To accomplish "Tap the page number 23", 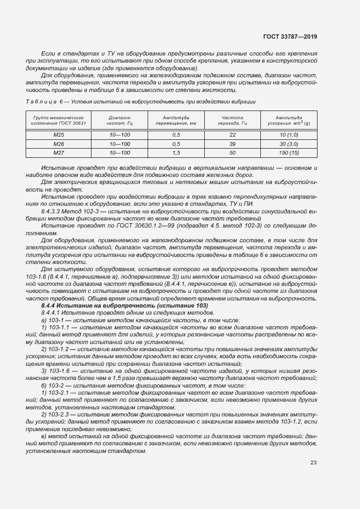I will (314, 463).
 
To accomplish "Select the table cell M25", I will (59, 134).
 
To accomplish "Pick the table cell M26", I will (59, 144).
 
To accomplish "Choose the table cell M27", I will (59, 153).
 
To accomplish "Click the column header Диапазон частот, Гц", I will (119, 120).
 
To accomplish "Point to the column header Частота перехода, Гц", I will (233, 120).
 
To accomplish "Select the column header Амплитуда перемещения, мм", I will (176, 120).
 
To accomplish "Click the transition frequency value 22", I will (233, 134).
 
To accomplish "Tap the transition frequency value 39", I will (233, 144).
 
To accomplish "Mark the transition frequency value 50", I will (233, 153).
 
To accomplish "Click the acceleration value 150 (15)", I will (289, 153).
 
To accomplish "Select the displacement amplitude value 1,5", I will (176, 153).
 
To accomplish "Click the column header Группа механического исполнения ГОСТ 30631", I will (59, 120).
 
